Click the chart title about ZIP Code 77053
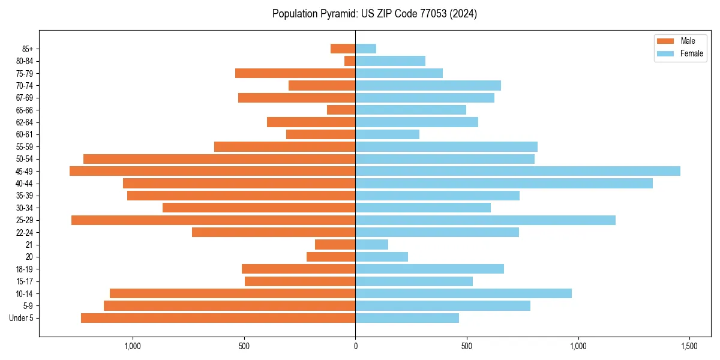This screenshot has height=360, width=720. click(x=374, y=14)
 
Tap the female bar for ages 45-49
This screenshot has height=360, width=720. click(x=517, y=171)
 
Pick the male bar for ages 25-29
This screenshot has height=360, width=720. click(x=213, y=220)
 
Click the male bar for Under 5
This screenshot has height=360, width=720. click(x=218, y=318)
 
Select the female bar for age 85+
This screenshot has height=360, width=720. click(x=365, y=49)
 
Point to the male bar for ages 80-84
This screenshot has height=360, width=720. click(x=350, y=61)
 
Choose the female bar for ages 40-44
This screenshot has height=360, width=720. click(x=503, y=184)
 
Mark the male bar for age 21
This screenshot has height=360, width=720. click(x=335, y=245)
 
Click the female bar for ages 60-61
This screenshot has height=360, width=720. click(x=387, y=134)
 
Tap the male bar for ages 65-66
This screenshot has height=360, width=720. click(x=341, y=110)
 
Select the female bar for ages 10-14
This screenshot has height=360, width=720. click(x=463, y=293)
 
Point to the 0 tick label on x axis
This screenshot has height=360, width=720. click(x=355, y=346)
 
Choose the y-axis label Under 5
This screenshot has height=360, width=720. click(x=22, y=318)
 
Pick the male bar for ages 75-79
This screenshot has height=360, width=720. click(x=295, y=73)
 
